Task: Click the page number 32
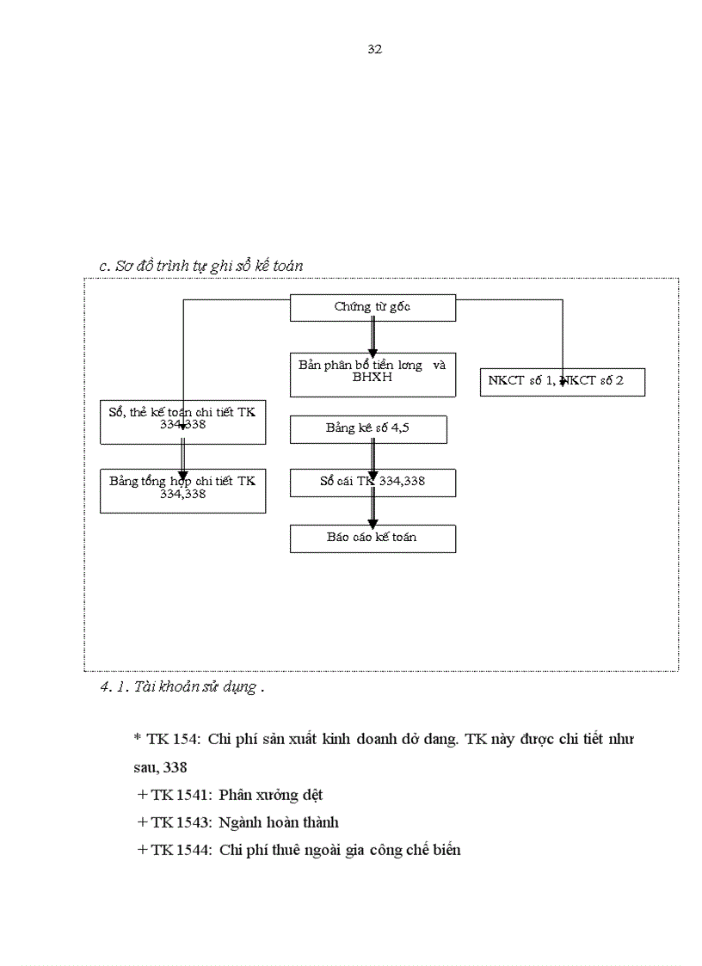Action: pos(374,49)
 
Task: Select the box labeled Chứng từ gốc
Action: pos(373,308)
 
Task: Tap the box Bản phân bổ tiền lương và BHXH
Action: pos(373,374)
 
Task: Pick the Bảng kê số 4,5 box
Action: pos(368,429)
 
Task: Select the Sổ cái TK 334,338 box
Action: pos(373,483)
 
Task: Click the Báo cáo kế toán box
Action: pos(373,538)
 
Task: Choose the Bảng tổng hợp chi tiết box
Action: pos(182,490)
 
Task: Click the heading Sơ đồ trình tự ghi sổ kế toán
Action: pos(201,267)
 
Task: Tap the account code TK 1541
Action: pos(177,795)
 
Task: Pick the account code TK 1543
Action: pos(177,822)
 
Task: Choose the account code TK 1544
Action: pos(177,850)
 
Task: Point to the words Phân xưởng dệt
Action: pos(271,795)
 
